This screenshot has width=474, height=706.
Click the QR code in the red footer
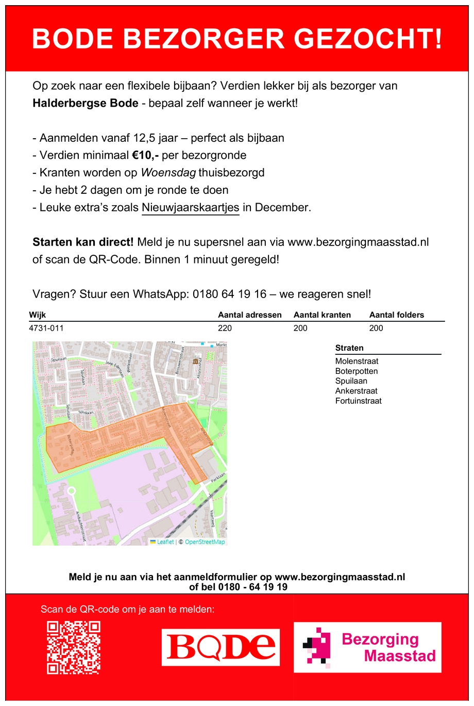click(x=74, y=647)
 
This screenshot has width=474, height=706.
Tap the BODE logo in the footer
click(x=221, y=647)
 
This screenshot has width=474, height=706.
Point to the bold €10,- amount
click(x=145, y=155)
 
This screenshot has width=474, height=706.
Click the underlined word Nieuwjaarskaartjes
click(x=191, y=207)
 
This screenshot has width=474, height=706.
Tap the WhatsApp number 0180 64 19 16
click(x=230, y=294)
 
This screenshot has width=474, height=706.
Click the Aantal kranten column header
click(x=322, y=315)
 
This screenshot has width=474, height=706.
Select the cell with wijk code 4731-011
click(x=46, y=328)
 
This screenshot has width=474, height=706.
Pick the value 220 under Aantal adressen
click(x=225, y=328)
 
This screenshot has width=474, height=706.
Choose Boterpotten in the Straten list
click(x=357, y=371)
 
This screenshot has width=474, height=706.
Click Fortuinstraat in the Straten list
click(x=359, y=401)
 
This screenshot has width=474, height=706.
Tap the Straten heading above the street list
click(x=349, y=348)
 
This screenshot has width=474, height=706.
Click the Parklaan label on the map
click(x=218, y=477)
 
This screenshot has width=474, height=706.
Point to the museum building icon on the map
click(x=195, y=362)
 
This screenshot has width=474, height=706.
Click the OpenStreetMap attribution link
click(x=205, y=542)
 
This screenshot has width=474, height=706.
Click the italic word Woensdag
click(x=168, y=173)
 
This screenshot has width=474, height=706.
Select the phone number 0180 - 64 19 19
click(x=253, y=587)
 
